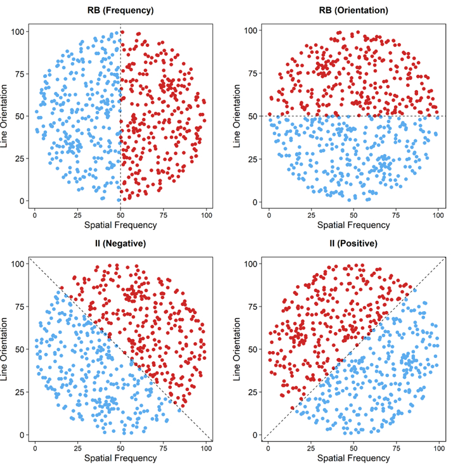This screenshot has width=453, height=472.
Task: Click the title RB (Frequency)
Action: pyautogui.click(x=120, y=10)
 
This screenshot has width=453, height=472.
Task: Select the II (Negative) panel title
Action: pyautogui.click(x=120, y=243)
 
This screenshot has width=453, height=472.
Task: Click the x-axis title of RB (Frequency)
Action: pyautogui.click(x=120, y=225)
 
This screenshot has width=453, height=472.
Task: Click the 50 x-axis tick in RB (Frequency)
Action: pyautogui.click(x=120, y=215)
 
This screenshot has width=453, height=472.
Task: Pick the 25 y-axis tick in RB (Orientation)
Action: pyautogui.click(x=256, y=159)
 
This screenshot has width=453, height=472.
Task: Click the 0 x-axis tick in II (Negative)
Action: pyautogui.click(x=35, y=449)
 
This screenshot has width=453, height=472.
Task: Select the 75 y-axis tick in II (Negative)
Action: pyautogui.click(x=23, y=306)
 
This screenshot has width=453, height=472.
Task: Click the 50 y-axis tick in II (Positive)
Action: pyautogui.click(x=256, y=349)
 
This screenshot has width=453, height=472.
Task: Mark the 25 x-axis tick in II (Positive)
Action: pyautogui.click(x=311, y=449)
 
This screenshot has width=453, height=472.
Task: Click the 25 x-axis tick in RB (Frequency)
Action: pyautogui.click(x=77, y=215)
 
